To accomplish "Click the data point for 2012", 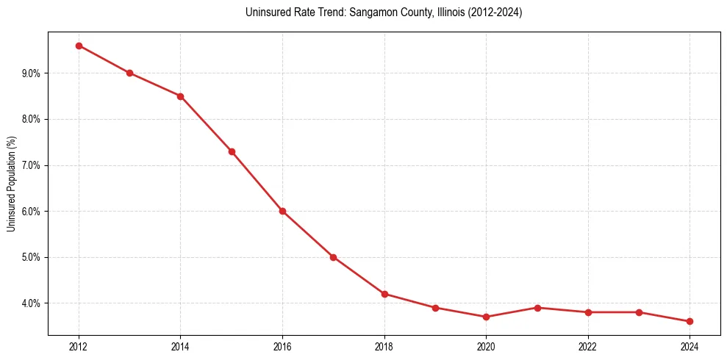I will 79,46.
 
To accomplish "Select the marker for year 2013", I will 129,73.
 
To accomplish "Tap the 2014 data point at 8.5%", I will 180,96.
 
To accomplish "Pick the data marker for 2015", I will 232,151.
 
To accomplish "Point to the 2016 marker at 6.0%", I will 282,211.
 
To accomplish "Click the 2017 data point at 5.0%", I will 333,257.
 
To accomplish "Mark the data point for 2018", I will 384,294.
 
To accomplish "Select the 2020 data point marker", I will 486,317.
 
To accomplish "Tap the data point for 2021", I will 537,308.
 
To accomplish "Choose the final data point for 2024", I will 690,321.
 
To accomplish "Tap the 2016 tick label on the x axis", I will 282,346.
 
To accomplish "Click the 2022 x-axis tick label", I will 588,346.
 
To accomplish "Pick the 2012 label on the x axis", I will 79,346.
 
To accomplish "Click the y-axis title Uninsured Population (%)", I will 12,184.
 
